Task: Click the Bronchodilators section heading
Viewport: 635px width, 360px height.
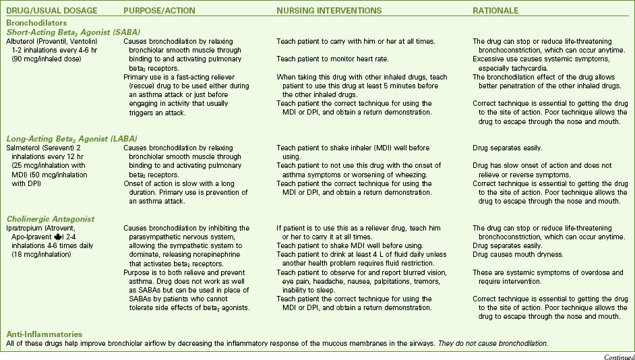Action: point(35,22)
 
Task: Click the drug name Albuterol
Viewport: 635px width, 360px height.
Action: point(21,42)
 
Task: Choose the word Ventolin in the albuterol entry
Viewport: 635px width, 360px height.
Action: point(86,42)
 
